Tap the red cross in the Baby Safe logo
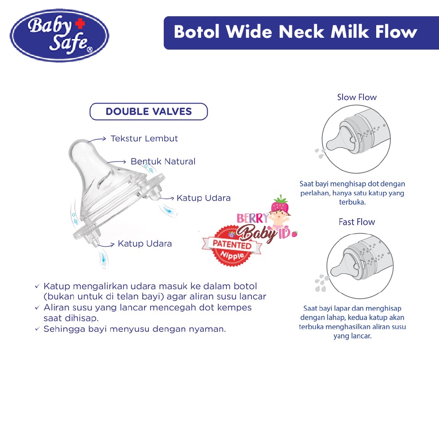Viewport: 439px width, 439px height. (78, 22)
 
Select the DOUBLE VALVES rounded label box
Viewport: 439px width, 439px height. (148, 112)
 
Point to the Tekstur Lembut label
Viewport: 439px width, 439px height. (144, 139)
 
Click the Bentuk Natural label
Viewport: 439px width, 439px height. (163, 162)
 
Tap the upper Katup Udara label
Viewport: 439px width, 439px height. (203, 198)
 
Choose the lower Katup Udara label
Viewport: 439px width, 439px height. (144, 244)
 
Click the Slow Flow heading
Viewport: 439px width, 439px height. (356, 97)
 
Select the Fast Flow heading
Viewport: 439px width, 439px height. (356, 222)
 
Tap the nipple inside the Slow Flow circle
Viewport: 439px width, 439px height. (341, 142)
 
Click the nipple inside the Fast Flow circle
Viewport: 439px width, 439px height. (341, 267)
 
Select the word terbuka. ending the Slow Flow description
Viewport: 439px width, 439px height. (352, 202)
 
